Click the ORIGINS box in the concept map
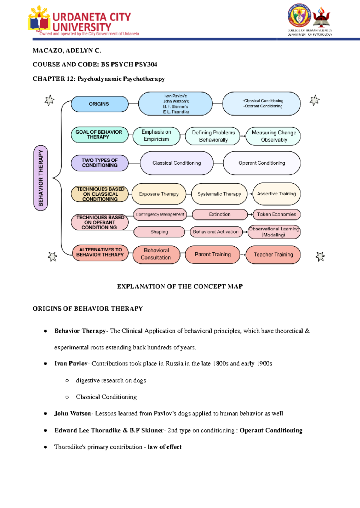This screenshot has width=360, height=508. (x=99, y=104)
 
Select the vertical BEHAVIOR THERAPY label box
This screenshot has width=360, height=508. (x=41, y=178)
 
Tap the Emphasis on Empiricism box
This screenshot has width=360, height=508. (x=156, y=136)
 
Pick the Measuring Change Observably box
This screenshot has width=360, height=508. (x=273, y=136)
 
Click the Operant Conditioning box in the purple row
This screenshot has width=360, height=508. (x=262, y=163)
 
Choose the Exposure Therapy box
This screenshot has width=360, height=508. (x=159, y=194)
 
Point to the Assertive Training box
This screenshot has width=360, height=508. (x=276, y=194)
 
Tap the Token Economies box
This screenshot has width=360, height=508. (x=276, y=214)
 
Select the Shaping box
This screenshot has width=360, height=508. (x=159, y=232)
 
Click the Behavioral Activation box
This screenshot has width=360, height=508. (x=216, y=232)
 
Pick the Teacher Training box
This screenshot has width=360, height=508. (x=273, y=255)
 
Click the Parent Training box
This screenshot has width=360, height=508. (x=213, y=255)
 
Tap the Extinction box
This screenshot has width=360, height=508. (x=220, y=214)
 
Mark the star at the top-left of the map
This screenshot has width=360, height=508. (x=49, y=100)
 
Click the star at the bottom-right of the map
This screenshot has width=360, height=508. (x=320, y=256)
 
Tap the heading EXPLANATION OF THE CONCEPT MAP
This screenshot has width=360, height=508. (x=180, y=286)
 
